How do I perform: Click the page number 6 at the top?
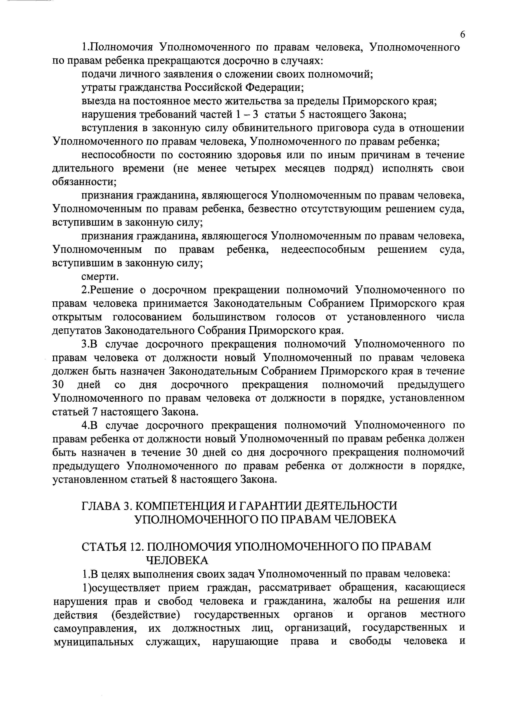point(462,35)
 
